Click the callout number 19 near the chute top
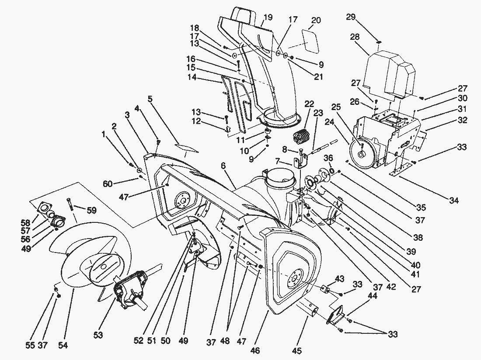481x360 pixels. [x=268, y=17]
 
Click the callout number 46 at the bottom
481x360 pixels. [x=255, y=350]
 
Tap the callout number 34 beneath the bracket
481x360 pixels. [x=453, y=201]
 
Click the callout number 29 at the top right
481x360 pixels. [x=350, y=17]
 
